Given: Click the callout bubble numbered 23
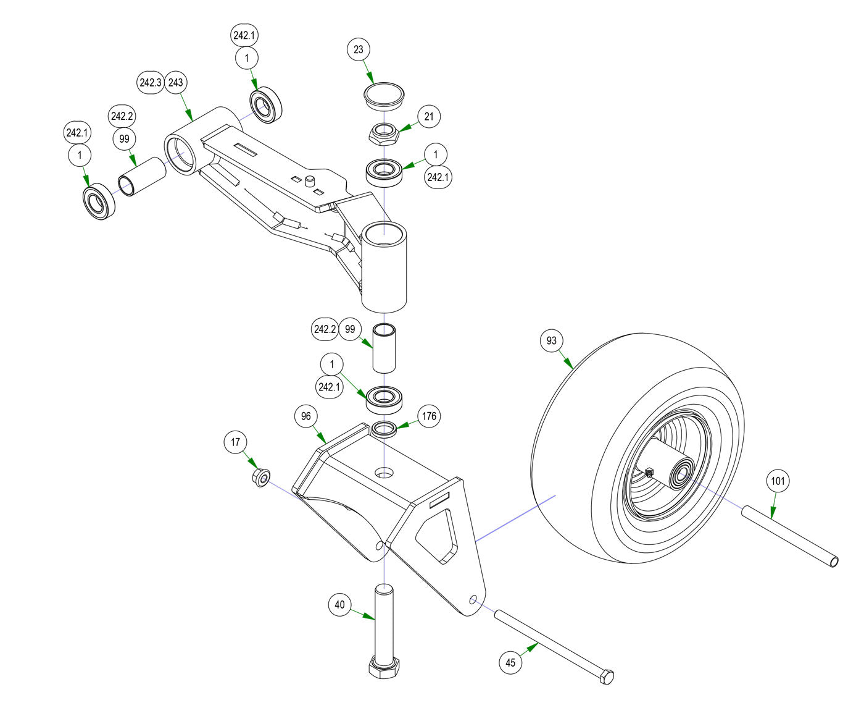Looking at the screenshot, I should pyautogui.click(x=359, y=49).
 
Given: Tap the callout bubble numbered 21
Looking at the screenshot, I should pyautogui.click(x=429, y=116).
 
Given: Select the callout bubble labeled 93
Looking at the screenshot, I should pyautogui.click(x=552, y=340).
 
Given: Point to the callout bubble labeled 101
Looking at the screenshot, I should pyautogui.click(x=778, y=481).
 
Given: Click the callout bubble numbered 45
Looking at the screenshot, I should pyautogui.click(x=510, y=663).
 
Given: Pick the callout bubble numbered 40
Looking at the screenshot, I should pyautogui.click(x=339, y=605).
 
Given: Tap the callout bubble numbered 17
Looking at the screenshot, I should pyautogui.click(x=235, y=442).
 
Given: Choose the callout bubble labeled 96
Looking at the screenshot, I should pyautogui.click(x=306, y=416).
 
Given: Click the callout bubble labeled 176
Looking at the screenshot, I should pyautogui.click(x=429, y=416).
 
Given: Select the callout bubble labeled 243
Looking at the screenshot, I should pyautogui.click(x=176, y=83).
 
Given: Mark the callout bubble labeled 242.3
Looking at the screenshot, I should pyautogui.click(x=150, y=83).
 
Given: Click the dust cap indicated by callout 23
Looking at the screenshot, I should pyautogui.click(x=383, y=96).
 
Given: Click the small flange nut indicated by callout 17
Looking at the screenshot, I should pyautogui.click(x=261, y=477).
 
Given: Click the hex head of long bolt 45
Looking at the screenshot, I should pyautogui.click(x=607, y=676).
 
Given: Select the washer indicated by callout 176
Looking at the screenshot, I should pyautogui.click(x=384, y=428).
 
